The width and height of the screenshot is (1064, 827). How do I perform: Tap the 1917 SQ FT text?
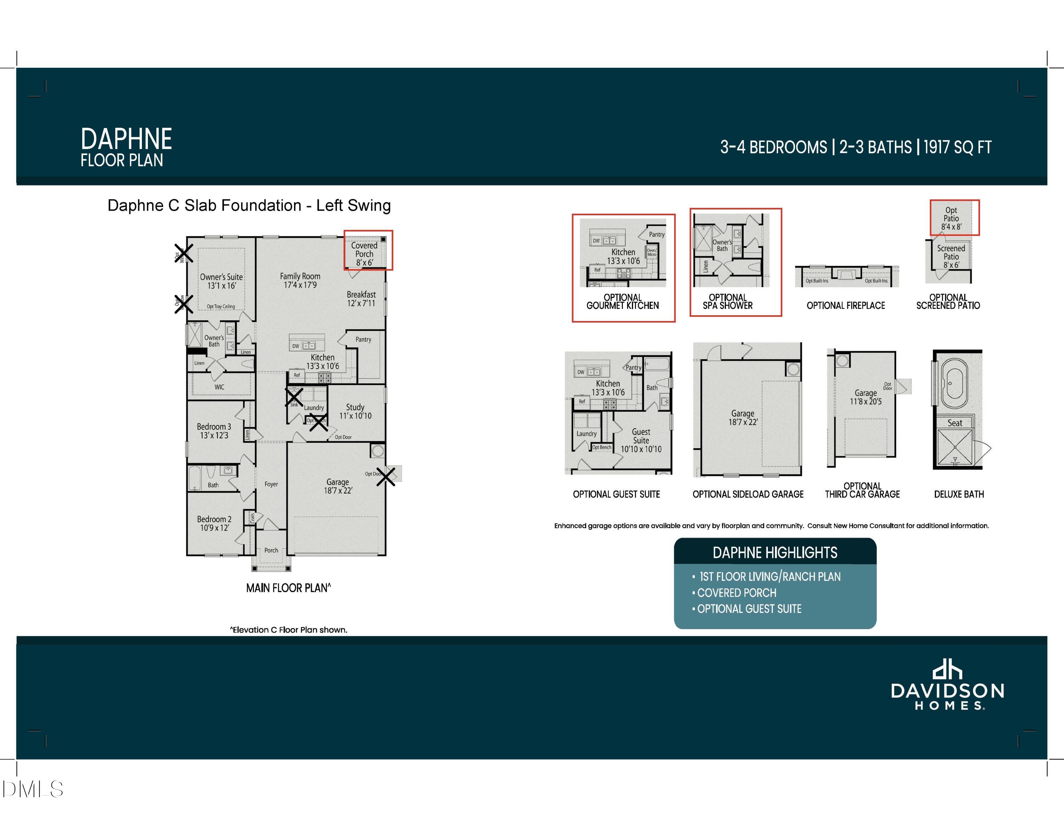click(x=957, y=147)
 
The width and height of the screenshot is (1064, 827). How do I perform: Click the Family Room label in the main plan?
click(x=300, y=280)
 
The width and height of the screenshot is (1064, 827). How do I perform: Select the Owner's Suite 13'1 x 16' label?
click(x=221, y=281)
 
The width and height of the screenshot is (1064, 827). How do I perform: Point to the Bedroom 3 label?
click(x=214, y=431)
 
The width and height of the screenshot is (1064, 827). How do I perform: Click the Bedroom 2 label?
click(x=214, y=523)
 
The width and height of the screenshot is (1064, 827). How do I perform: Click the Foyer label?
click(x=271, y=484)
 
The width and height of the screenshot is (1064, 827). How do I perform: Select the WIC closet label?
click(x=219, y=387)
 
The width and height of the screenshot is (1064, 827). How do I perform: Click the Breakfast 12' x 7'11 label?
click(x=361, y=299)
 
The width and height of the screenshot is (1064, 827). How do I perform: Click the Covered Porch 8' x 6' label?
click(x=364, y=254)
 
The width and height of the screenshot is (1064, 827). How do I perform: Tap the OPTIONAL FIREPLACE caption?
click(x=846, y=305)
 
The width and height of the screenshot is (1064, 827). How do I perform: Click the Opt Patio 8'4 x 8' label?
click(x=951, y=218)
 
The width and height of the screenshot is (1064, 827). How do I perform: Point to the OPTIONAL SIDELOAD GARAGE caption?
click(x=748, y=494)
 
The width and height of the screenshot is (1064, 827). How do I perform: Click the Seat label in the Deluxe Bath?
click(x=954, y=423)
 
